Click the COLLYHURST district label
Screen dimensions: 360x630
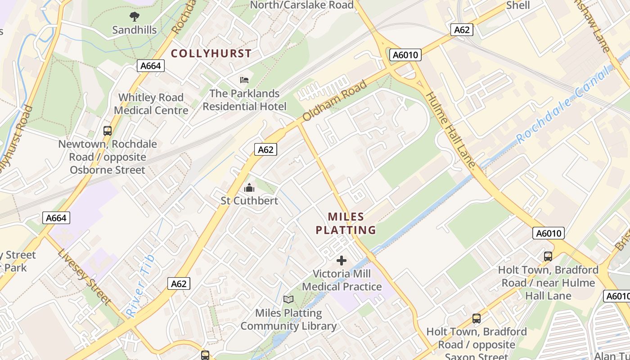211,54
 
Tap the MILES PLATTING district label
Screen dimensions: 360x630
346,224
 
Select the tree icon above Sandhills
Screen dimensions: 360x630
134,17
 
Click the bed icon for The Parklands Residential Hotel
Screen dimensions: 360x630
244,81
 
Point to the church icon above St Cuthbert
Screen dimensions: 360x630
249,188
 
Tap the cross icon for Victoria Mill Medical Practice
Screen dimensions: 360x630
342,261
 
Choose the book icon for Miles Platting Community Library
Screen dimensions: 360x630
288,300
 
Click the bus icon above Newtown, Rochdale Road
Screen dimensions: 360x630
108,131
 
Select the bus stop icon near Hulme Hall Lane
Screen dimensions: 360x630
548,256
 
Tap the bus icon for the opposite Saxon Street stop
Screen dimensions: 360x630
477,319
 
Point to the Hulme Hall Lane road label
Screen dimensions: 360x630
450,130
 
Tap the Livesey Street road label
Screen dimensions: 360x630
84,276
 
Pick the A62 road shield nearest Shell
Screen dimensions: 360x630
462,30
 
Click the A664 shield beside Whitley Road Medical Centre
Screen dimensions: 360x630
150,66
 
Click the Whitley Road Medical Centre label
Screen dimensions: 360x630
151,104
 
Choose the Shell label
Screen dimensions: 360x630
518,5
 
